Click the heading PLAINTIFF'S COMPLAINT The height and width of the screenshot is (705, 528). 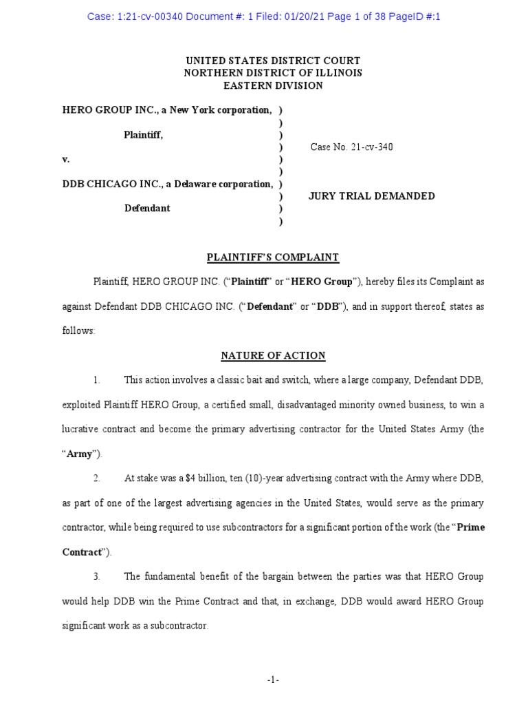click(x=273, y=257)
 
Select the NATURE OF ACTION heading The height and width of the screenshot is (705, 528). click(x=273, y=356)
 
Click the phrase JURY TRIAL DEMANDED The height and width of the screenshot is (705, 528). click(x=372, y=196)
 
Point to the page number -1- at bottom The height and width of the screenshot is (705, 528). click(x=273, y=680)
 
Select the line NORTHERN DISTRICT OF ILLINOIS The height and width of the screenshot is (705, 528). click(x=273, y=73)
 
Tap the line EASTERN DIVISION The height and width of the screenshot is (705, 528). click(x=273, y=85)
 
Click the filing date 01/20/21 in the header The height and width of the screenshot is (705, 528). click(x=288, y=17)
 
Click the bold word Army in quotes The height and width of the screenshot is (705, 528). click(x=79, y=454)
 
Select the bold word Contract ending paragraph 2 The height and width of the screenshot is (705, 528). click(x=82, y=552)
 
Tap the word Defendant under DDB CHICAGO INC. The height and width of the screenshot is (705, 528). click(x=147, y=209)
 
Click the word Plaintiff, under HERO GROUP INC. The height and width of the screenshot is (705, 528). click(x=143, y=135)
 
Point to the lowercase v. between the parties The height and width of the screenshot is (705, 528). click(x=66, y=159)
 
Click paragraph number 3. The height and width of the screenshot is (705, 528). click(x=97, y=576)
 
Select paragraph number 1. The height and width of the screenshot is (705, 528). click(x=97, y=380)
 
